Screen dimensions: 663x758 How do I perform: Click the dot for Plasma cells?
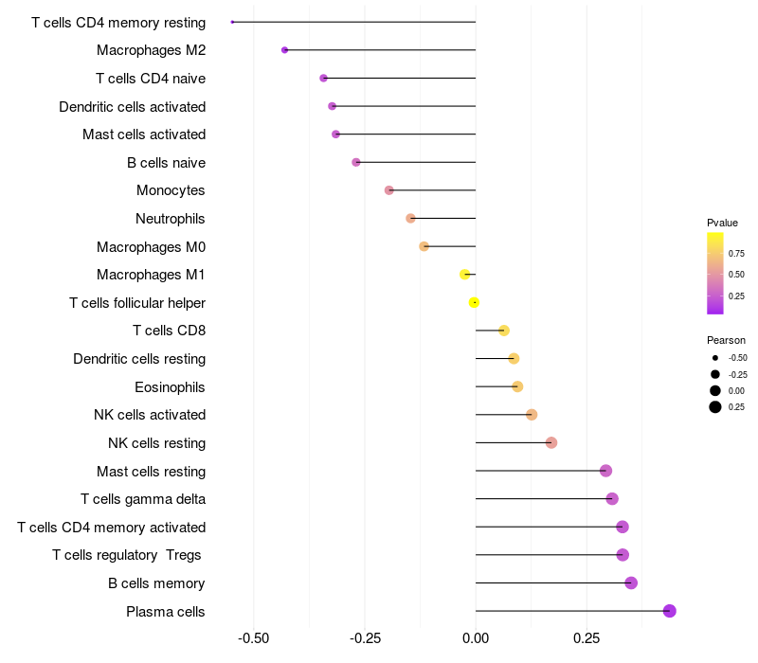pos(670,611)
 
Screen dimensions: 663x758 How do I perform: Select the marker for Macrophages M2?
pos(285,50)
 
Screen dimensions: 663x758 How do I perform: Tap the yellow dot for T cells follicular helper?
pos(474,302)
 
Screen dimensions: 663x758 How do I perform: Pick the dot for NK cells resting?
pos(551,442)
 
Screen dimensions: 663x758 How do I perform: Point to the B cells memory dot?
pos(631,582)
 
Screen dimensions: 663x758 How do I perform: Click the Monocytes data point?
pos(389,190)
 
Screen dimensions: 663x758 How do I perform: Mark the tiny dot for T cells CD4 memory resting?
pos(232,22)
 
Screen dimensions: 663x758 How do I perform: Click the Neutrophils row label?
pos(171,219)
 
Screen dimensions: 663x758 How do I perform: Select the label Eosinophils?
pos(170,387)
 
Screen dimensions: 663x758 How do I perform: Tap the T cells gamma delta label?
pos(143,499)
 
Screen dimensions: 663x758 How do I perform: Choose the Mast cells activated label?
pos(144,134)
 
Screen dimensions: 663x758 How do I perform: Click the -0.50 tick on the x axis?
pos(253,638)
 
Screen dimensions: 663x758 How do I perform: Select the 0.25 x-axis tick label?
pos(587,638)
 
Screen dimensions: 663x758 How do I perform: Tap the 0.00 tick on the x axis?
pos(476,638)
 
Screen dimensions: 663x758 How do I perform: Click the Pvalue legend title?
pos(722,223)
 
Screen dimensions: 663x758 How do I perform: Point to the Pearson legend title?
pos(726,340)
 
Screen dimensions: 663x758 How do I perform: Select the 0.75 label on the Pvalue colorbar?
pos(736,253)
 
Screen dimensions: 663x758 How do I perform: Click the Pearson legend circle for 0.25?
pos(715,407)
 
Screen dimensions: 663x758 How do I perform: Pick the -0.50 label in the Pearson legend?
pos(737,358)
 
